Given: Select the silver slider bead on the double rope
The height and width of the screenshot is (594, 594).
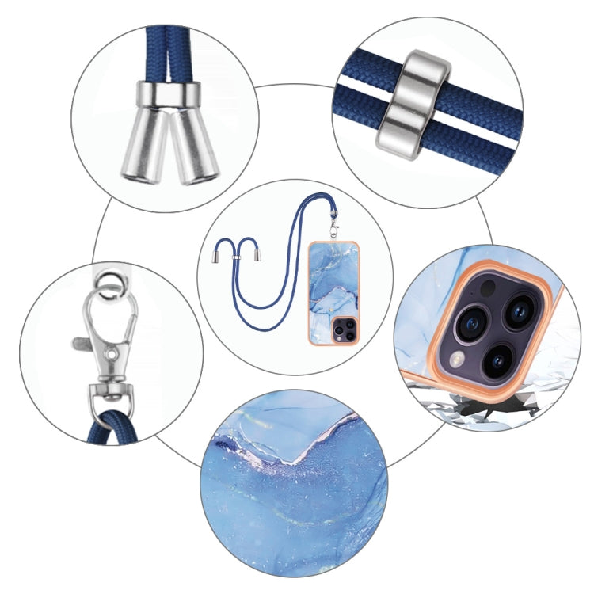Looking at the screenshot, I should pos(412,104).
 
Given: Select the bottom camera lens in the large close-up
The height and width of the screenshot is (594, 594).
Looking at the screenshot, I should pos(497,360).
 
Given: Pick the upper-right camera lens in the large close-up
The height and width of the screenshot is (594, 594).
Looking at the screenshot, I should pos(519,310).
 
